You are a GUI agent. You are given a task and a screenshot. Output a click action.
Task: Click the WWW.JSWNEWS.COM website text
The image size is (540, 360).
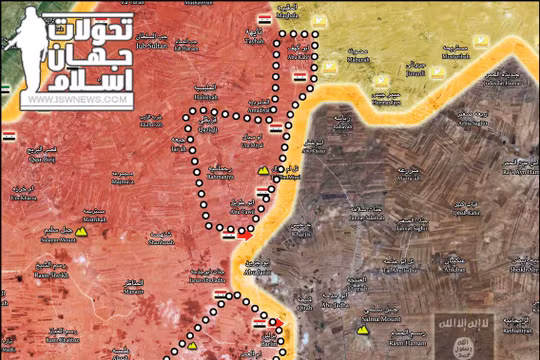click(78, 100)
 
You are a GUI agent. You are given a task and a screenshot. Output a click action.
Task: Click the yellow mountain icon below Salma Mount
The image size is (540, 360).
click(361, 331)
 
